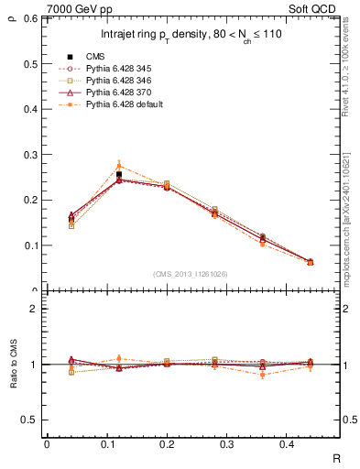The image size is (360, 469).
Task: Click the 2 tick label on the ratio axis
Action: (x=31, y=309)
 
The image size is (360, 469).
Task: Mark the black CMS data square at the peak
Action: (x=119, y=174)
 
